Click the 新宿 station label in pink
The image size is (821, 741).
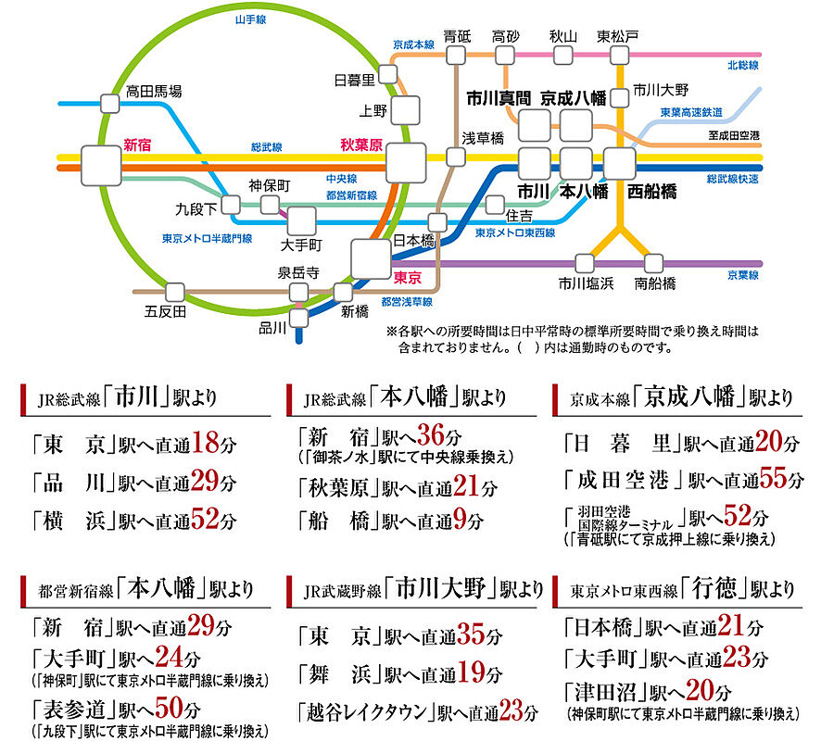(137, 144)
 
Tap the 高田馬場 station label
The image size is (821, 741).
(154, 91)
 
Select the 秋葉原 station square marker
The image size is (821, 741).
(406, 163)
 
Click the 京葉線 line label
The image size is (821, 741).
(742, 276)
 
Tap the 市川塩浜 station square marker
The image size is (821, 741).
(585, 263)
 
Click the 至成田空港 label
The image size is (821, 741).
(733, 136)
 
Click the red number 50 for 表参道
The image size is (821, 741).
(170, 710)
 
